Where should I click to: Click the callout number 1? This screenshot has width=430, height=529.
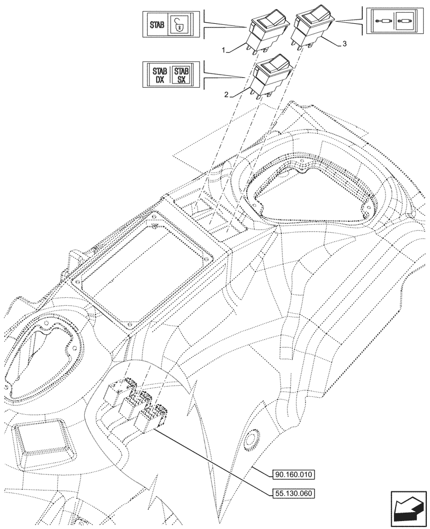pos(225,50)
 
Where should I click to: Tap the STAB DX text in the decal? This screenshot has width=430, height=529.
pos(159,75)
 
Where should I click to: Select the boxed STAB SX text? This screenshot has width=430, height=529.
pos(182,75)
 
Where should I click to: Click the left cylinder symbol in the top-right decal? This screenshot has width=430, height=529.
pos(383,21)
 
